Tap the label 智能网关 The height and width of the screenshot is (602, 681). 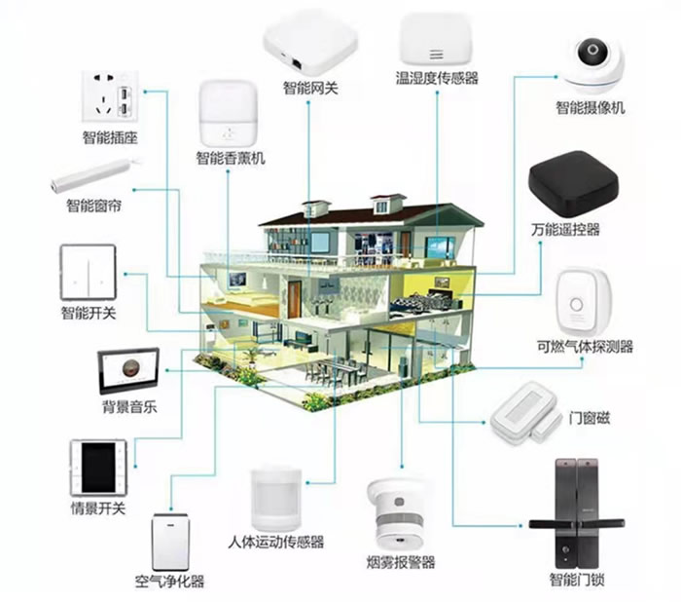pos(310,89)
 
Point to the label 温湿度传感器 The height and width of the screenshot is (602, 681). pos(437,78)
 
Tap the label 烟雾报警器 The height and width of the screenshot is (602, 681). pos(401,562)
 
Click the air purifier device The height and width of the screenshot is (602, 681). pos(169,543)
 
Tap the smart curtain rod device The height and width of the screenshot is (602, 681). pos(94,173)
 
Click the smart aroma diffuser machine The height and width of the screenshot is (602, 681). pos(231,114)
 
